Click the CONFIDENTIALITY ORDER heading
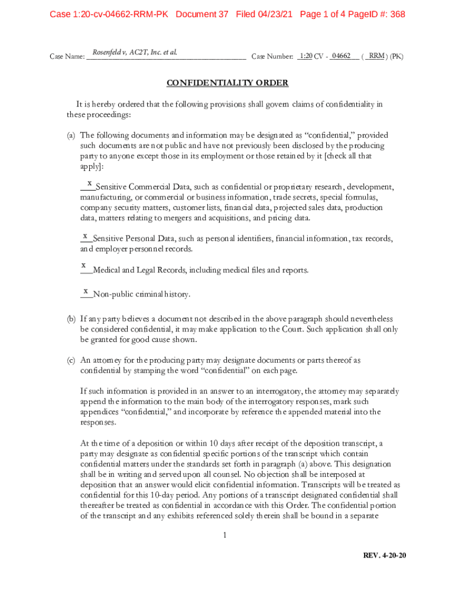227,83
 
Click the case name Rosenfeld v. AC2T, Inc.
135,53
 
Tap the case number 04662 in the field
342,56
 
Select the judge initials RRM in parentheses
376,56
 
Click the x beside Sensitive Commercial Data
89,183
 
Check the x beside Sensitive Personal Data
86,236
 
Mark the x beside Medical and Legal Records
84,265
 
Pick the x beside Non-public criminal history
86,291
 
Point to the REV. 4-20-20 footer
385,556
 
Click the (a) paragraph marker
71,135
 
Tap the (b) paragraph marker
71,319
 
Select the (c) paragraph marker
71,360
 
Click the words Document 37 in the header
202,14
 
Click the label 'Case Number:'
272,57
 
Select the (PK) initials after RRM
396,56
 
